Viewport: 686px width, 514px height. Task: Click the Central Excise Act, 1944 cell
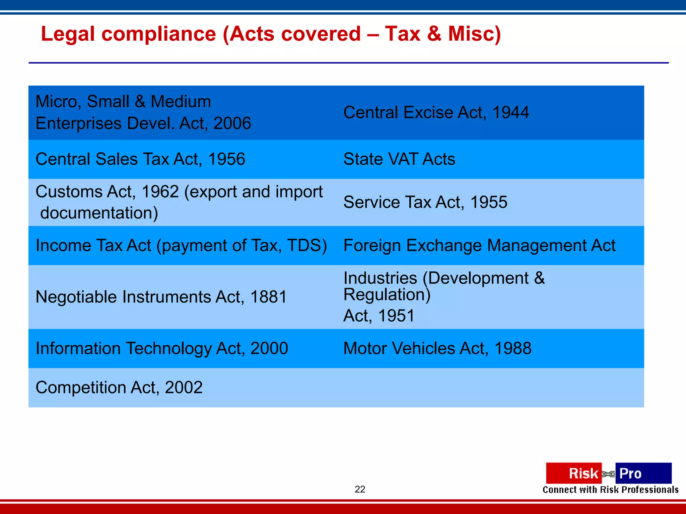click(x=436, y=112)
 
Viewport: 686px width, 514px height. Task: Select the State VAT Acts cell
click(x=399, y=159)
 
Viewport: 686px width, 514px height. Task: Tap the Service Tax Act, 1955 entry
click(x=425, y=202)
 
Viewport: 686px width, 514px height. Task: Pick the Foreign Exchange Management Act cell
click(x=479, y=245)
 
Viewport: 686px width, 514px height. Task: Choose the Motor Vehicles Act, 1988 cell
click(x=437, y=348)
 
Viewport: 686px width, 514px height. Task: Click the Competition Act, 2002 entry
click(x=119, y=388)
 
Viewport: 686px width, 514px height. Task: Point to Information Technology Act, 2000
click(x=162, y=348)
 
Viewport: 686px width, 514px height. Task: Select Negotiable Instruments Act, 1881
click(x=161, y=297)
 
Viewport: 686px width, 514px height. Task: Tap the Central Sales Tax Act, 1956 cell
click(x=140, y=159)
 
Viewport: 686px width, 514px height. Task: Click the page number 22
click(x=360, y=489)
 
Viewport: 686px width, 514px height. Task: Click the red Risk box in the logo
click(x=573, y=473)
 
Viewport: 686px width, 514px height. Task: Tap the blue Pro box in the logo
click(x=643, y=473)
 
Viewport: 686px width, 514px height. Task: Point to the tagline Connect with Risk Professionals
click(x=610, y=490)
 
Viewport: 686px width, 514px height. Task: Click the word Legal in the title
click(x=68, y=34)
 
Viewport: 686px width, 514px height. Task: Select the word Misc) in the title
click(x=474, y=34)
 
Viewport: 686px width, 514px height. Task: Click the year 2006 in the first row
click(x=232, y=123)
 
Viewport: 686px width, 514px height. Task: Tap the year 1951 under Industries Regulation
click(x=396, y=316)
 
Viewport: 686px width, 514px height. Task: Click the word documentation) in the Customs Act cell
click(x=99, y=213)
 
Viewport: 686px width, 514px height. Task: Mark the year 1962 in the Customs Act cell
click(x=160, y=192)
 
